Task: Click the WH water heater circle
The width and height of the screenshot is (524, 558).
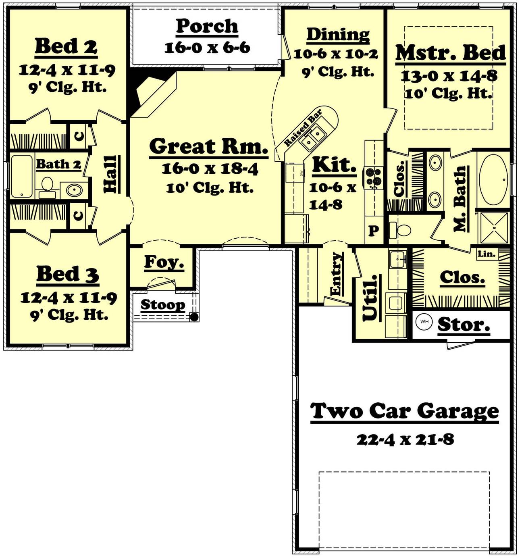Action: click(424, 321)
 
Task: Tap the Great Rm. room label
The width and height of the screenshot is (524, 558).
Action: click(208, 146)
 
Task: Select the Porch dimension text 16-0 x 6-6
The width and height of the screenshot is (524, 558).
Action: click(207, 48)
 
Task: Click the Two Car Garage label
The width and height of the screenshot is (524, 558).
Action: click(404, 411)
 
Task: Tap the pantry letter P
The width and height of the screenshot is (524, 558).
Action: click(374, 231)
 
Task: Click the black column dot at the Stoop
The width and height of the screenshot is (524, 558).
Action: click(194, 317)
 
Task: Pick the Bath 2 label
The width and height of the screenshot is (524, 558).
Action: click(58, 164)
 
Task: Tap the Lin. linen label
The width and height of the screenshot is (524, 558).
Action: click(487, 254)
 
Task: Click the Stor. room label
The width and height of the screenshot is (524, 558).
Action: click(464, 325)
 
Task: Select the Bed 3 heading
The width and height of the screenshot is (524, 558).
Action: click(68, 274)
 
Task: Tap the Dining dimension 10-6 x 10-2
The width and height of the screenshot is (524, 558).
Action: click(336, 54)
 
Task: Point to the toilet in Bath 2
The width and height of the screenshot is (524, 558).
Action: click(47, 187)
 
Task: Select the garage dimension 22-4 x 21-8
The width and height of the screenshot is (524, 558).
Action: click(405, 440)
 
